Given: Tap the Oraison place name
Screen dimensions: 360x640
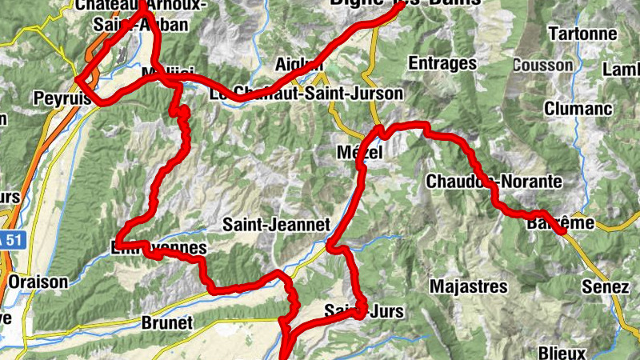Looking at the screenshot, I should click(x=38, y=282).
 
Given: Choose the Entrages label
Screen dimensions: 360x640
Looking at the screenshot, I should click(x=442, y=62).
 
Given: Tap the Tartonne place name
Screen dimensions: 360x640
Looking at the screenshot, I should click(x=583, y=34).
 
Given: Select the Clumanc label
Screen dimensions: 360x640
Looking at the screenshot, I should click(x=578, y=108).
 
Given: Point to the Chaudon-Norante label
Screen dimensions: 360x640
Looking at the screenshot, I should click(x=494, y=182).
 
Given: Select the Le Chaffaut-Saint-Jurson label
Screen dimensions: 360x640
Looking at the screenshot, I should click(x=306, y=94).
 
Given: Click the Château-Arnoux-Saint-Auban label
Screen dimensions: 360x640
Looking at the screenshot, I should click(x=140, y=14).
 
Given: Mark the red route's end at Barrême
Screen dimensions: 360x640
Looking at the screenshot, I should click(x=563, y=231).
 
